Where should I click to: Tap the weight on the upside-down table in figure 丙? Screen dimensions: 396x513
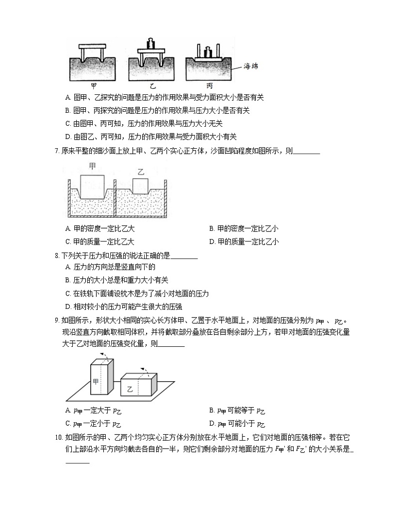[x=209, y=52]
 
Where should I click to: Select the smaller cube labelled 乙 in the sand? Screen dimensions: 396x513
[x=141, y=185]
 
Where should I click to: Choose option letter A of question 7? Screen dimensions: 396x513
[x=68, y=229]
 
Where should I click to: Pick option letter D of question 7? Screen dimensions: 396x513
[x=212, y=242]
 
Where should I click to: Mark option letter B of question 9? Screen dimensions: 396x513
[x=212, y=411]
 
